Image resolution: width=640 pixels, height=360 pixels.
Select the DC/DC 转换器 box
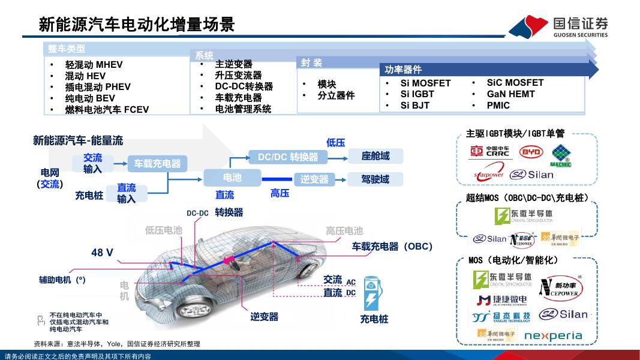pos(288,157)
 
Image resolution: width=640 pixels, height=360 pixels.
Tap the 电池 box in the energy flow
pos(232,178)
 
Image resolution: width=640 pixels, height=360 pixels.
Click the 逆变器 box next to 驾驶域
pos(314,179)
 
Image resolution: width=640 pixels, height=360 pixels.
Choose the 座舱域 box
pos(375,157)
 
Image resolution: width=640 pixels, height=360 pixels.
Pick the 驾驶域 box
pos(375,179)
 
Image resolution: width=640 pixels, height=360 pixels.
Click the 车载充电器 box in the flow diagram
pos(157,163)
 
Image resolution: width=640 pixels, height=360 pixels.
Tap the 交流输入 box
pos(93,163)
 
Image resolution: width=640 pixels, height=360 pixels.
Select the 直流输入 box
pos(127,193)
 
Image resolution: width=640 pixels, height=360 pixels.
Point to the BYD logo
pos(531,152)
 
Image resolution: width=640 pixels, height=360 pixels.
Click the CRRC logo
pos(489,152)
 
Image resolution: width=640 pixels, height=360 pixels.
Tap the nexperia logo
pos(553,335)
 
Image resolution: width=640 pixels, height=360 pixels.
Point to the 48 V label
pos(102,253)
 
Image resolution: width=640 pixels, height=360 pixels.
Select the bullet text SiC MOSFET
pos(515,83)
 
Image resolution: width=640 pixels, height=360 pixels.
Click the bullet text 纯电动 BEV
pos(90,98)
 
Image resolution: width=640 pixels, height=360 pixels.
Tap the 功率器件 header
pos(403,70)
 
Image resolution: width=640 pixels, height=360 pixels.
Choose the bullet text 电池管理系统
pos(243,109)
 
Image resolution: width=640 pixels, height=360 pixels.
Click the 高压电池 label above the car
pos(344,231)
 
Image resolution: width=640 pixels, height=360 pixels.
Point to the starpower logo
pos(489,175)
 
